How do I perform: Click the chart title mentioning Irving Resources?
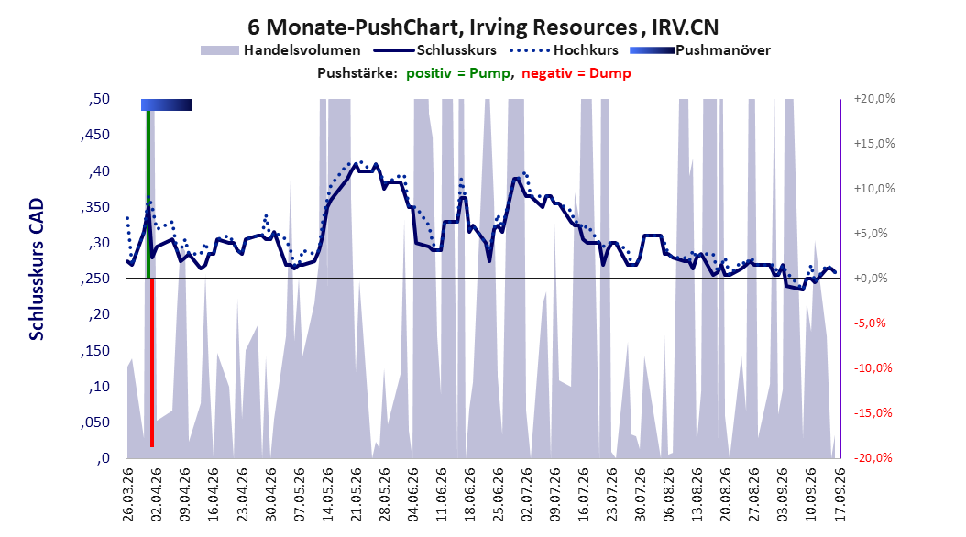point(483,27)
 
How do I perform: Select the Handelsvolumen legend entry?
point(280,50)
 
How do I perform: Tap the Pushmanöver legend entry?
point(700,50)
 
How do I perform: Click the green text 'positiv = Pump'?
point(457,73)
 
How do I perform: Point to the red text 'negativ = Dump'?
point(576,73)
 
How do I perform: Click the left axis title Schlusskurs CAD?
point(37,269)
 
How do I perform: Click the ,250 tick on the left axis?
point(95,279)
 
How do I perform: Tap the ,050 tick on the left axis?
point(95,422)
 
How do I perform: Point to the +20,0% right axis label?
point(874,99)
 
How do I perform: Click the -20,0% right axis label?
point(873,457)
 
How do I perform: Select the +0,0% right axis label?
point(871,279)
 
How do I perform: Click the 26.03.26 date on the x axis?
point(128,495)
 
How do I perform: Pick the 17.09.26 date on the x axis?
point(840,495)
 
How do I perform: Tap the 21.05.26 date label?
point(357,495)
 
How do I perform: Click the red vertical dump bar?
point(151,362)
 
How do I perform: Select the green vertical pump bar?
point(148,194)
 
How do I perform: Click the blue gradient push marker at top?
point(167,104)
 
